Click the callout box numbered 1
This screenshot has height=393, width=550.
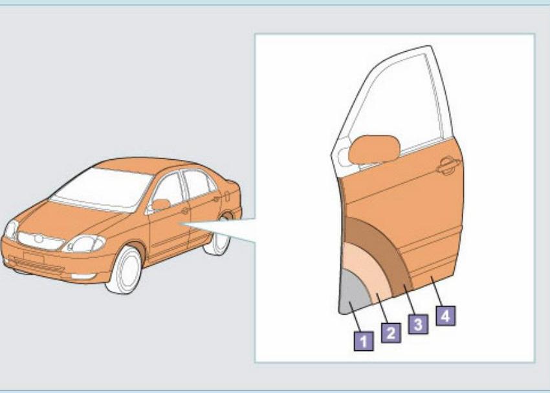[364, 341]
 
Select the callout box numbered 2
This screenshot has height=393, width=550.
[391, 333]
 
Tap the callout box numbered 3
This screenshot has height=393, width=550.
[418, 324]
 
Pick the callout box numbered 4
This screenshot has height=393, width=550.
[445, 316]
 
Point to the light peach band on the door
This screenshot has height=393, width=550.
[368, 270]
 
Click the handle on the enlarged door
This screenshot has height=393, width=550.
[448, 166]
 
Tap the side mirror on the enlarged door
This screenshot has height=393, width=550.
[374, 150]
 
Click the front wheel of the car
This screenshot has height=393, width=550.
[124, 270]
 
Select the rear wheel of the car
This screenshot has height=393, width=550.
[218, 240]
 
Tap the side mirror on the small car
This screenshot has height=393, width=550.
[160, 204]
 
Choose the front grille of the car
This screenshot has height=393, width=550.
[41, 241]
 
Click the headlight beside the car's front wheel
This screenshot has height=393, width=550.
[84, 243]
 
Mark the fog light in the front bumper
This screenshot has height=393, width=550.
[83, 276]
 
